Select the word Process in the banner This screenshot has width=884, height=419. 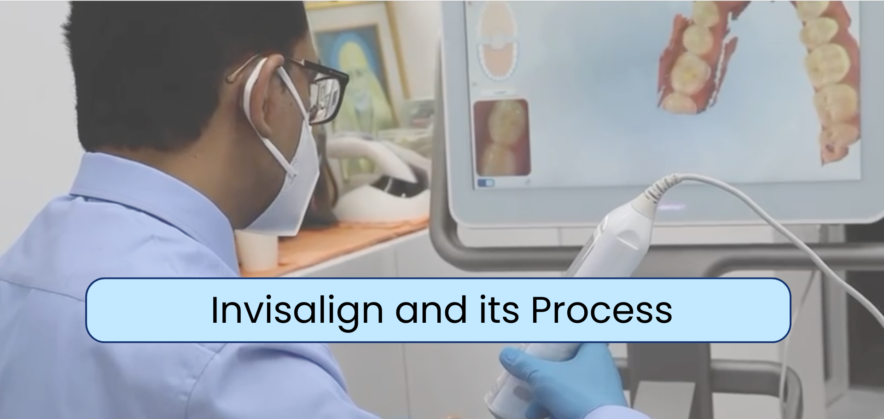coord(602,310)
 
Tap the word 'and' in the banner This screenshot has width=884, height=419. coord(431,309)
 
